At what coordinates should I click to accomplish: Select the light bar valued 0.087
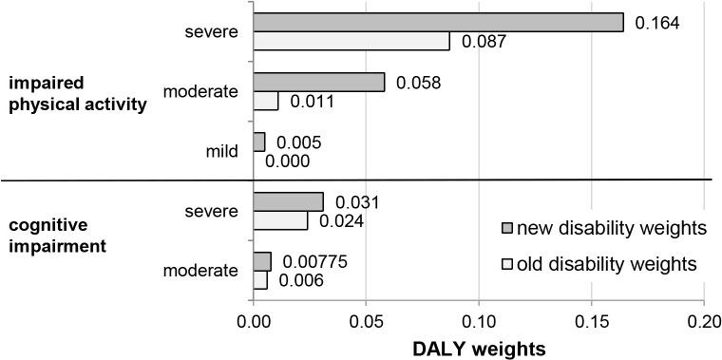351,42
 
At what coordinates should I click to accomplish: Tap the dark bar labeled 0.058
319,82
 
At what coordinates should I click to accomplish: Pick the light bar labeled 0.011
266,101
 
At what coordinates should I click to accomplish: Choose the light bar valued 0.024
281,220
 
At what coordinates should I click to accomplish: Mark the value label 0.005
298,142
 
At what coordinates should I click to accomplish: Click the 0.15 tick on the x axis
591,322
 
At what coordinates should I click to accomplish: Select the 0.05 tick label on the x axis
367,322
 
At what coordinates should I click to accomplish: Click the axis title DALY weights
479,348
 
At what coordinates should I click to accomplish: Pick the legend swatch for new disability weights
508,229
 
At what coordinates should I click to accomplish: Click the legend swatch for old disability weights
508,262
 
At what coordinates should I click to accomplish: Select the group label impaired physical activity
77,95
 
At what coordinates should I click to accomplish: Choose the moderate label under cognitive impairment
200,271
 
